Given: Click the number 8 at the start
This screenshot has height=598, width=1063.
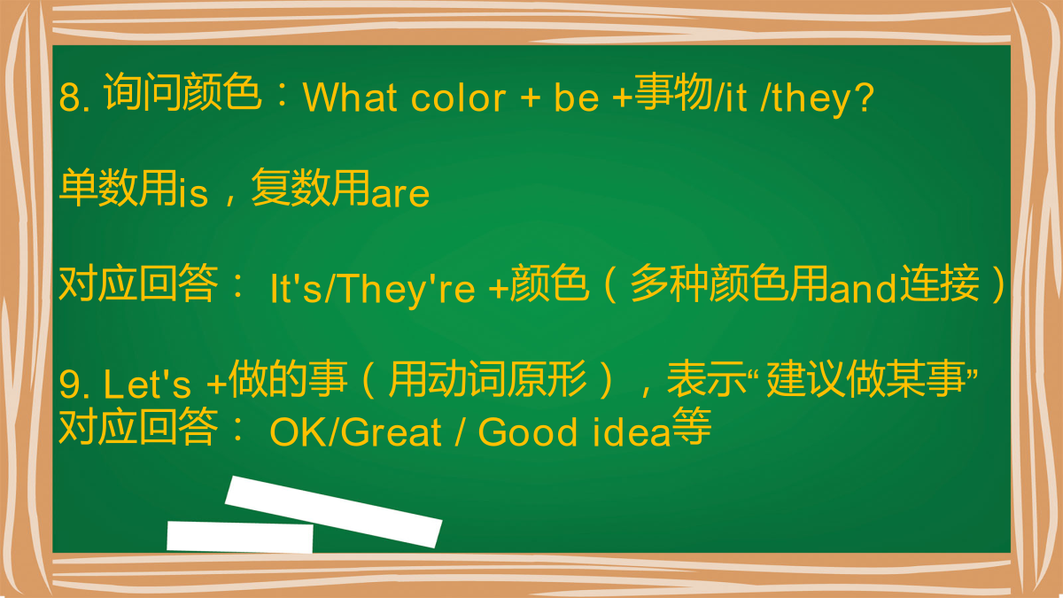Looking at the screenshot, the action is coord(70,97).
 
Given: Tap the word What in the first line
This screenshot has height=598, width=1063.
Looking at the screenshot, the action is coord(350,97).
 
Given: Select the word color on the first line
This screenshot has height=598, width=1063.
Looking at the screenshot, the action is coord(458,97).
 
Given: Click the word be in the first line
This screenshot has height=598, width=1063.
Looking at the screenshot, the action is coord(576,97).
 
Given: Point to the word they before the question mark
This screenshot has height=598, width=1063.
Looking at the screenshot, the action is coord(812,100).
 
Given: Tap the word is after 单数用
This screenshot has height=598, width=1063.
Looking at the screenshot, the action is coord(194,191).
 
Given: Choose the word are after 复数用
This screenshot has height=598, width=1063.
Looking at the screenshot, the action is coord(400,195).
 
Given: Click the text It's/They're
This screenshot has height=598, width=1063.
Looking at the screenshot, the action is coord(372,289).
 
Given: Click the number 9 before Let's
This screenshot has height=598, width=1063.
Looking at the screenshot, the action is coord(70,384).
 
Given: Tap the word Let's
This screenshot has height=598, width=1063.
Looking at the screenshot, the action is coord(147,383).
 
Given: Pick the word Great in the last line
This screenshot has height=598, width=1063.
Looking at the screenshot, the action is coord(391,432).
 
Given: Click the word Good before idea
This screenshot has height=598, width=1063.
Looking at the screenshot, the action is coord(527,432).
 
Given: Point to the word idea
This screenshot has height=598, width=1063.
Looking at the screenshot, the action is coord(631,432).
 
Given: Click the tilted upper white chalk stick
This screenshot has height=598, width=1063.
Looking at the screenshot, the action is coord(333,512).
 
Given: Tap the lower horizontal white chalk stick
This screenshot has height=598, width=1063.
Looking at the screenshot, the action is coord(240,537).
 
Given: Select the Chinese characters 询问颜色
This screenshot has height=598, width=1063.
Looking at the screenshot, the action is coord(182,92).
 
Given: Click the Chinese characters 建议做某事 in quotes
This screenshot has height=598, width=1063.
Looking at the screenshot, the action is coord(865,379).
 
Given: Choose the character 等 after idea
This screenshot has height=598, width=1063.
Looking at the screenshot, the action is coord(692,426).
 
